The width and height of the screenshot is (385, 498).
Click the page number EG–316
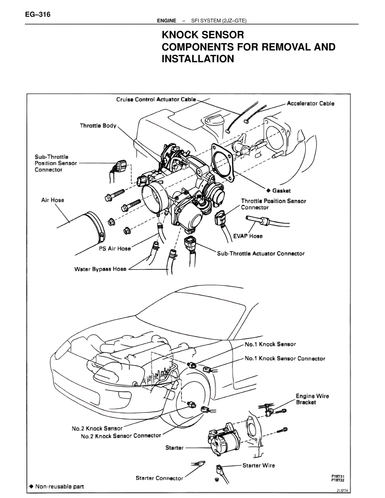coord(38,14)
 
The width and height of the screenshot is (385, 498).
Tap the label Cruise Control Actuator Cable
coord(156,100)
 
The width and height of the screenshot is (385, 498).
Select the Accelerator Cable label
coord(310,103)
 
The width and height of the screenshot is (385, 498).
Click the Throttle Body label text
coord(98,126)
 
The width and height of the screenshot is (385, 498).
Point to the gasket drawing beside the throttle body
coord(223,163)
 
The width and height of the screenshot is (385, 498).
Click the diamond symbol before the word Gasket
coord(269,190)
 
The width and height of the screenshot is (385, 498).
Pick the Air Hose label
coord(53,200)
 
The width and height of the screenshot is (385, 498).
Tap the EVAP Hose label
coord(248,236)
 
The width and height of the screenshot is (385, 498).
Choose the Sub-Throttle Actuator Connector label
coord(261,254)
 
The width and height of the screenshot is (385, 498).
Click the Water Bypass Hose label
coord(100,269)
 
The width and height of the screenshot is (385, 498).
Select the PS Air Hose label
coord(115,249)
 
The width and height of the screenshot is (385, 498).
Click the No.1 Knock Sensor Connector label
coord(285,358)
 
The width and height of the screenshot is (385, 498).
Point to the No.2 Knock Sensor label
coord(97,429)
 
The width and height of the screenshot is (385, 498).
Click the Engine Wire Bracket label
coord(312,399)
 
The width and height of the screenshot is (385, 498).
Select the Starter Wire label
coord(259,465)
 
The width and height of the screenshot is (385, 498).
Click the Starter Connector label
coord(159,478)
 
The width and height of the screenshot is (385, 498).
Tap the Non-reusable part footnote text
coord(59,486)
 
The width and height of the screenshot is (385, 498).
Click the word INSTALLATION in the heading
coord(198,59)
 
